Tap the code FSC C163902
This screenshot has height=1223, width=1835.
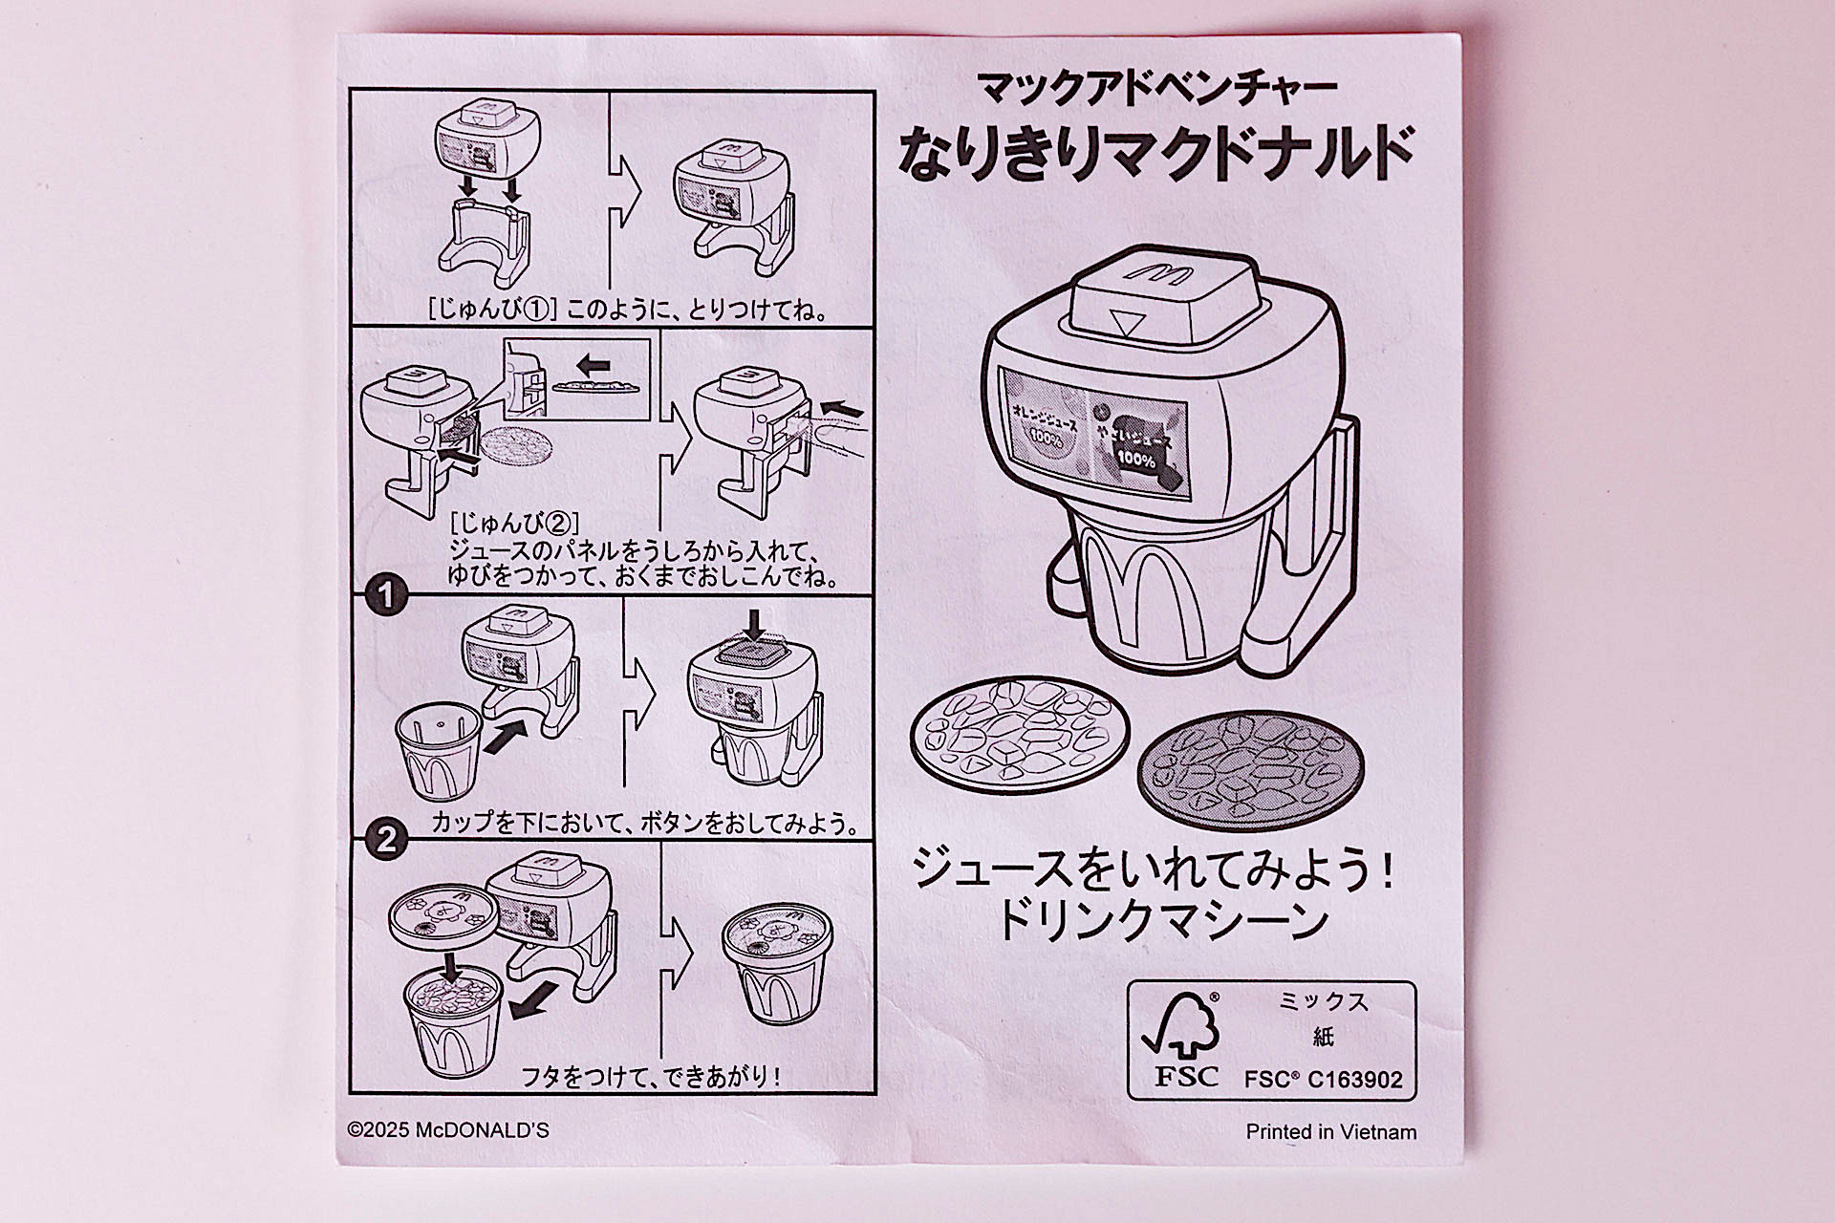[1323, 1080]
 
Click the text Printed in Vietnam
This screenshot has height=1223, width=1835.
[1330, 1132]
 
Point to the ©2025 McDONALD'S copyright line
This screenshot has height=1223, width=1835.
[448, 1130]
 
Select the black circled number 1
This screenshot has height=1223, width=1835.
[386, 596]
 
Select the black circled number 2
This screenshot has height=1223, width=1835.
[386, 841]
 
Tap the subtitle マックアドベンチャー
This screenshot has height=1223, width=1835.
[1156, 89]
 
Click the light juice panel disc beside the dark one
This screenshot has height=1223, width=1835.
[1020, 731]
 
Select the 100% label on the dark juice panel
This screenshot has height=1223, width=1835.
[1135, 459]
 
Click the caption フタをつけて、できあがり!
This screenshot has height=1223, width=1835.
[650, 1077]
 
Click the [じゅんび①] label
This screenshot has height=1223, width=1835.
[493, 311]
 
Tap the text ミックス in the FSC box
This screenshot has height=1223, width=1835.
[1323, 1001]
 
